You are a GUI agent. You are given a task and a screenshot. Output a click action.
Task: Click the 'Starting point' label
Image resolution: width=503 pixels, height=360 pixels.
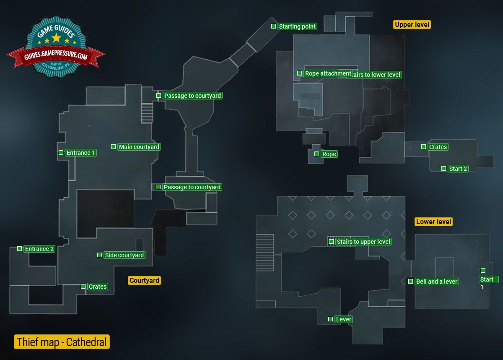[297, 26]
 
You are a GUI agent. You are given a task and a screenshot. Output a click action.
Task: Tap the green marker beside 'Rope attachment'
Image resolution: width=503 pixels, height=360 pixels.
[299, 73]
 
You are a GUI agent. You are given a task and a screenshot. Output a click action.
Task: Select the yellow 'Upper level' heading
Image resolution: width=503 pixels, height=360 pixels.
[412, 25]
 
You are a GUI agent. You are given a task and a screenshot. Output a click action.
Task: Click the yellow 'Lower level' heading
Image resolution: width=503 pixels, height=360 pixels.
[434, 222]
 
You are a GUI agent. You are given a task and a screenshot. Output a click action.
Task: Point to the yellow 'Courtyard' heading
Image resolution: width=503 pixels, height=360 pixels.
[144, 280]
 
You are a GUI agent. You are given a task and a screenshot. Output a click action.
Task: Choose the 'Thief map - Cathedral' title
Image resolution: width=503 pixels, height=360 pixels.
[62, 342]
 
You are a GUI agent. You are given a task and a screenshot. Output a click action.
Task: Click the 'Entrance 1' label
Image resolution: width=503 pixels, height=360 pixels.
[81, 153]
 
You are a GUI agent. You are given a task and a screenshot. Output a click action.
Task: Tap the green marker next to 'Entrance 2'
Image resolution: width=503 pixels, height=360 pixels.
[19, 249]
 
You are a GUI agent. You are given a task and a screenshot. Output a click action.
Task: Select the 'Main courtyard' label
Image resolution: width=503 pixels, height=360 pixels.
[139, 147]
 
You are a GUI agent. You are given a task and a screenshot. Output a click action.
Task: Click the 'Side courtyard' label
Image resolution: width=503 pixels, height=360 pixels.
[124, 255]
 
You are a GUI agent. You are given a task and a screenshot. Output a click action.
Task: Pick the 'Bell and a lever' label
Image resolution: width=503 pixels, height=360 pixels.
[437, 282]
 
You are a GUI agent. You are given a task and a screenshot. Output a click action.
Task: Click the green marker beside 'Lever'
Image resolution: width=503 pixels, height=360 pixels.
[330, 319]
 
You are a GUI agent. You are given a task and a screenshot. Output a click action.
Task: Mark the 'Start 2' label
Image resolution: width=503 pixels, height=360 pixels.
[458, 169]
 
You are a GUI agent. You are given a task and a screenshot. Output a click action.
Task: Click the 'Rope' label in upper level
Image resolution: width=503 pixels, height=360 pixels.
[329, 154]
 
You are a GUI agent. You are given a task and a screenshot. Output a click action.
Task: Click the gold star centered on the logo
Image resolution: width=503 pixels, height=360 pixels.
[56, 39]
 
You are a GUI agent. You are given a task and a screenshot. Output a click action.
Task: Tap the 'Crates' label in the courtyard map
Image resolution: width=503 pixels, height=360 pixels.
[97, 287]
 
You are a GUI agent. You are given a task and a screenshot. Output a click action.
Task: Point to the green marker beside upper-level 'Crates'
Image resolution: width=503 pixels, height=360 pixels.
[423, 147]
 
